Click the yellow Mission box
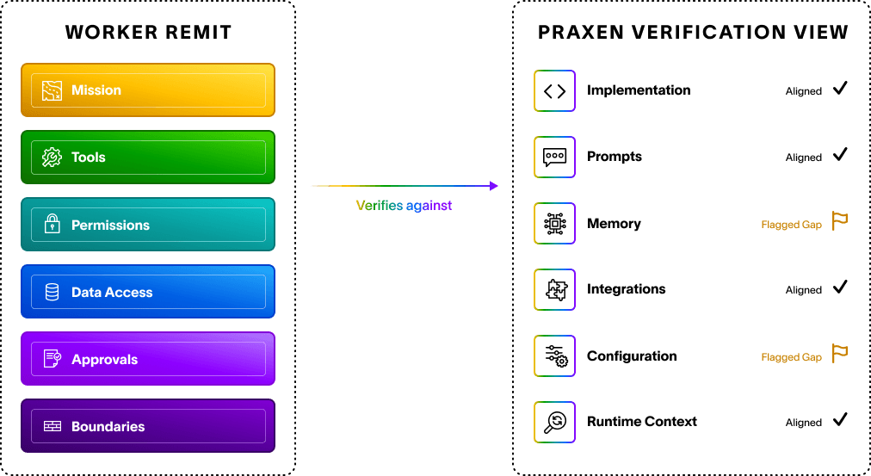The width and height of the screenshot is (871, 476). tap(148, 90)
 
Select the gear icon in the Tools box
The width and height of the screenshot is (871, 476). tap(53, 158)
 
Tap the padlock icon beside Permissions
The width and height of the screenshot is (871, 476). tap(53, 224)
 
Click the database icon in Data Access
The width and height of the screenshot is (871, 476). tap(53, 292)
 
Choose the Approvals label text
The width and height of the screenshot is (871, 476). tap(104, 359)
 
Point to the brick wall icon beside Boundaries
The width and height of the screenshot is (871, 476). tap(53, 426)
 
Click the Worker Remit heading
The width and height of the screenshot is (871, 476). tap(148, 32)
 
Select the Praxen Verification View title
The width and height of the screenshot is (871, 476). tap(693, 32)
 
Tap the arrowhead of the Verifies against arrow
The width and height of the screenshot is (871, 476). tap(494, 186)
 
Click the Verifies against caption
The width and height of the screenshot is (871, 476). tap(404, 206)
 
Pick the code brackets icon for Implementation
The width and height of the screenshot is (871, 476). tap(554, 90)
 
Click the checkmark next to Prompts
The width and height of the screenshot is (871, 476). tap(841, 154)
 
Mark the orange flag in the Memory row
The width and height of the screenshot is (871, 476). tap(839, 220)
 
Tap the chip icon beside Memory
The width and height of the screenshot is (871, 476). tap(554, 223)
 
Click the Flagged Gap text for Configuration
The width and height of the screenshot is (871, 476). tap(791, 357)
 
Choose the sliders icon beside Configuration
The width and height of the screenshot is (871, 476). tap(554, 355)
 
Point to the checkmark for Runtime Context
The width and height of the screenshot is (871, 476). tap(841, 419)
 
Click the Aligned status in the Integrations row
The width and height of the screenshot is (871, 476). tap(803, 290)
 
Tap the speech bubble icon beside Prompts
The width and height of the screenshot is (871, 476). tap(554, 157)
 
